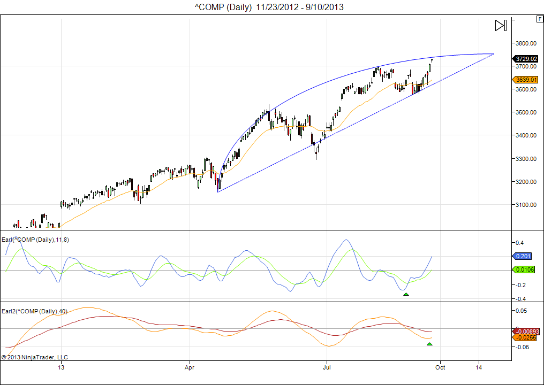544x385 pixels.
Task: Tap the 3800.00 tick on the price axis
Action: point(525,43)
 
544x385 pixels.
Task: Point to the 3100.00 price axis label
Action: point(525,205)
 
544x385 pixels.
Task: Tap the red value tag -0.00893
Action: point(525,331)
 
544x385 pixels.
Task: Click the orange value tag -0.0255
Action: point(525,337)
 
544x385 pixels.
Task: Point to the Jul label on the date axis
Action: point(326,368)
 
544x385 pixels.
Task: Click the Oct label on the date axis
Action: point(440,368)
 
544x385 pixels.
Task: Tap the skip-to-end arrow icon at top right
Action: point(501,25)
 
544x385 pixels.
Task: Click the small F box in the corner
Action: point(539,19)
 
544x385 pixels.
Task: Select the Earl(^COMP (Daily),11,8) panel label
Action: point(35,240)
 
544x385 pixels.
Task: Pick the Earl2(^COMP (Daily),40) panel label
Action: point(34,311)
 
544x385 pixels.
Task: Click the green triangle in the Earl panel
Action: point(406,294)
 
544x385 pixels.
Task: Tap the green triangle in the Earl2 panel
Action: point(429,344)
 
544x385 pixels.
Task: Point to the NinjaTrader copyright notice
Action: point(35,357)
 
